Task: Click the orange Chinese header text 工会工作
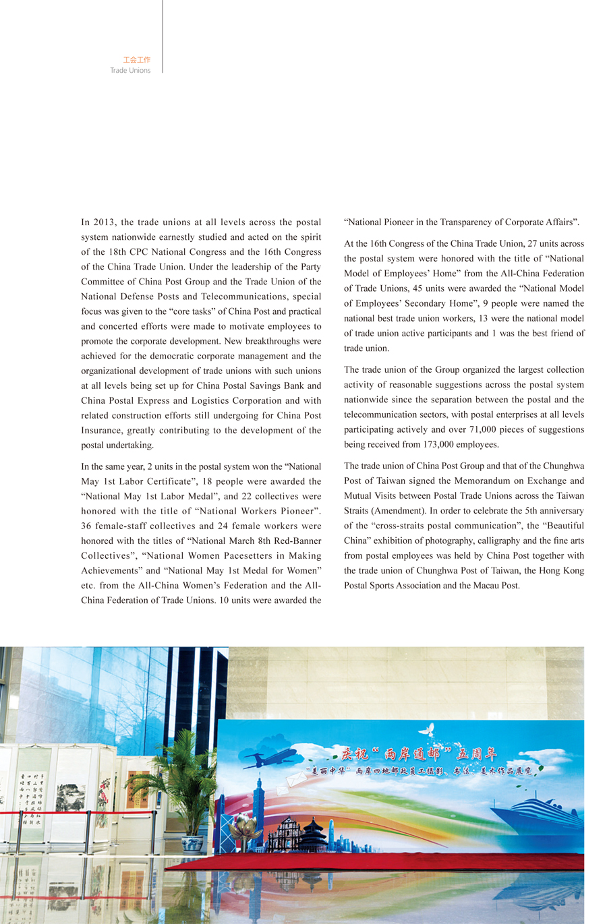coord(136,60)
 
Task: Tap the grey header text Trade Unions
coord(130,70)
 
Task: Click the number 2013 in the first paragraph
coord(105,222)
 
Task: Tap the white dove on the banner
coord(426,730)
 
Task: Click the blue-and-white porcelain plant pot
coord(192,844)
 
